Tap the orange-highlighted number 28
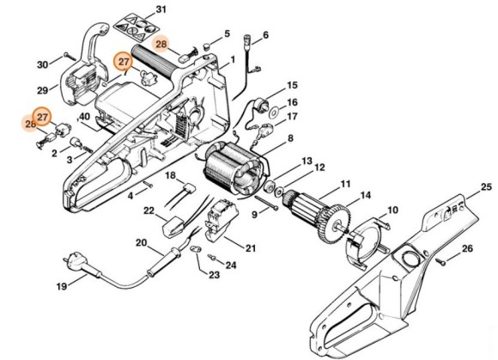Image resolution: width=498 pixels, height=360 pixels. pyautogui.click(x=161, y=43)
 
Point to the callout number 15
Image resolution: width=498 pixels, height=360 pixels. pyautogui.click(x=292, y=86)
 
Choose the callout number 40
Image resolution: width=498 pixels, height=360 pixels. pyautogui.click(x=84, y=117)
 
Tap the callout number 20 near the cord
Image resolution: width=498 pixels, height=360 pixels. pyautogui.click(x=142, y=242)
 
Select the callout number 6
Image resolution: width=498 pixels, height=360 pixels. pyautogui.click(x=265, y=35)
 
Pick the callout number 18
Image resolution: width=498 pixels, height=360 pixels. pyautogui.click(x=171, y=175)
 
